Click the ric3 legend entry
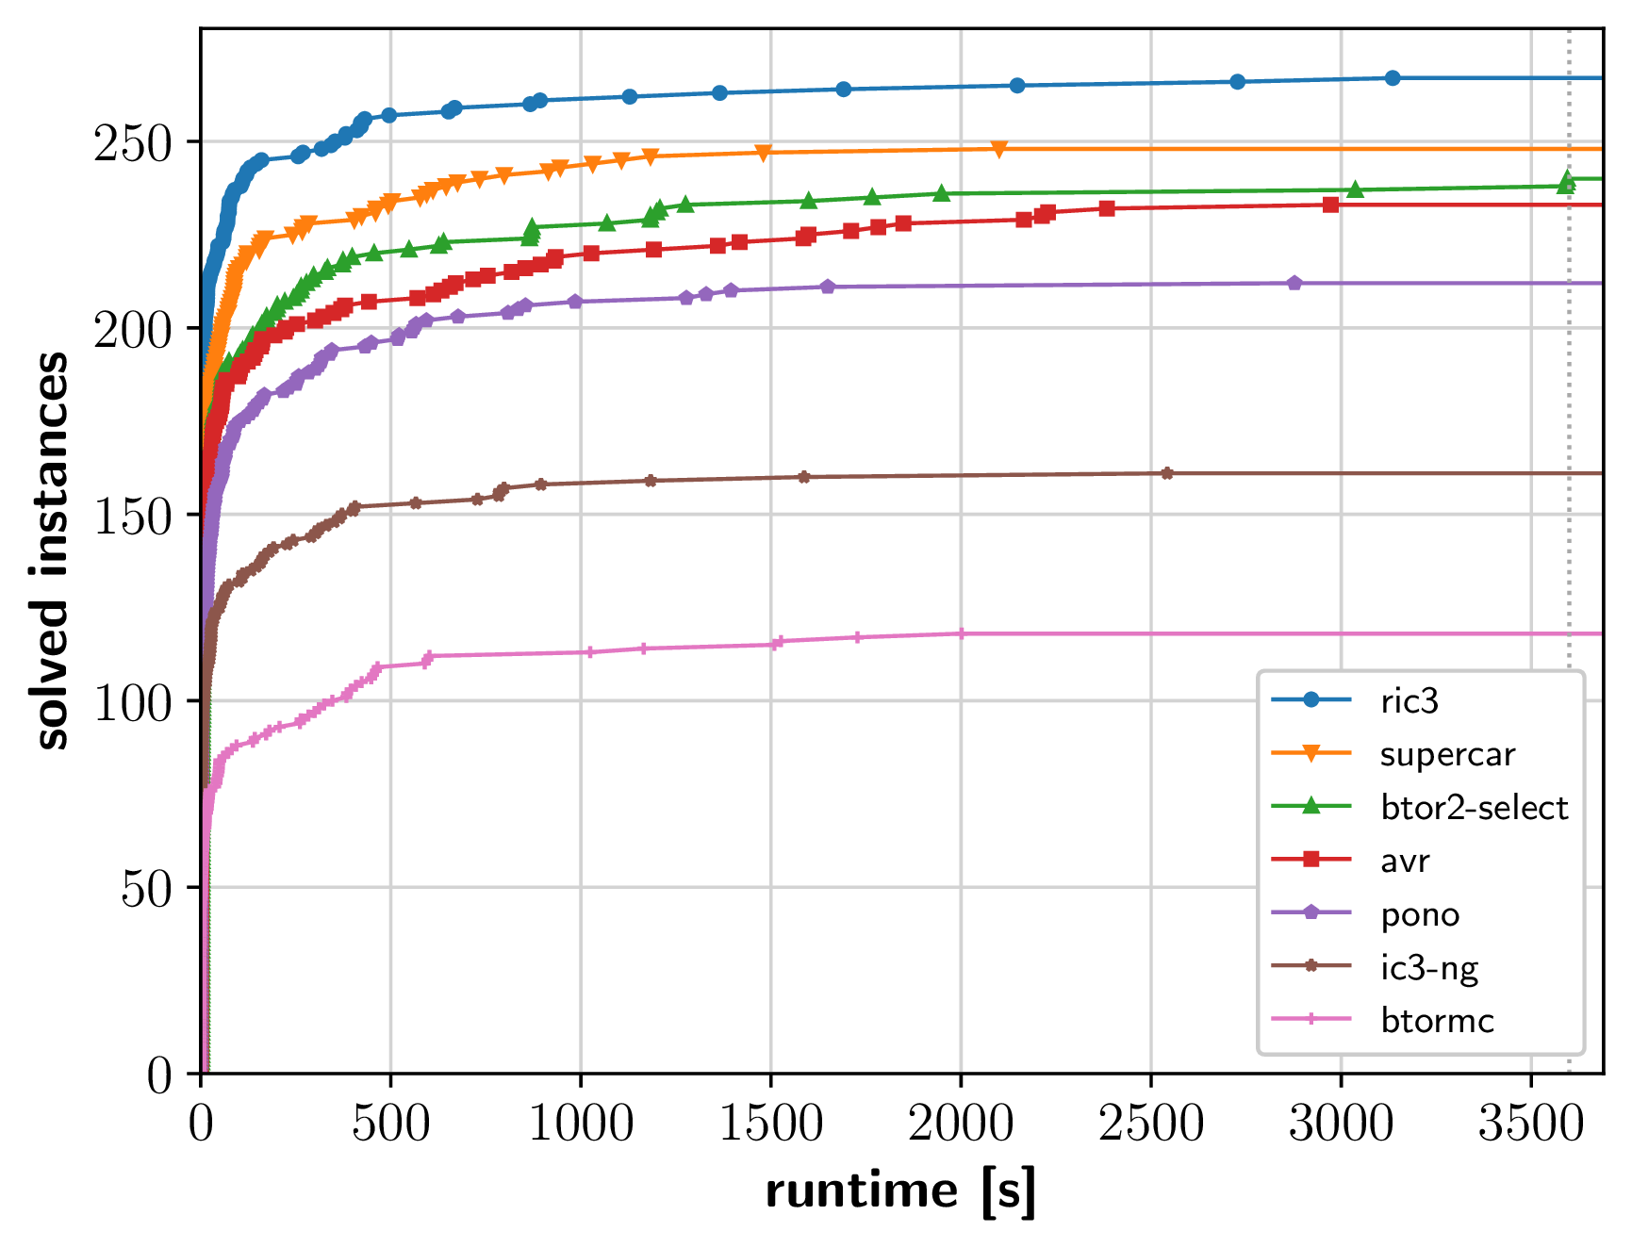tap(1409, 701)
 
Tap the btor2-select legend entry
tap(1473, 808)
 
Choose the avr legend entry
tap(1405, 861)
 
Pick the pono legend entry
tap(1419, 914)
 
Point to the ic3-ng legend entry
tap(1428, 967)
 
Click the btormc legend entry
tap(1437, 1021)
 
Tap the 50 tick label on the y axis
tap(146, 889)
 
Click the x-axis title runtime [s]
tap(900, 1191)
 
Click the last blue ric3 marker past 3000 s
tap(1393, 78)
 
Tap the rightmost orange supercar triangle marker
tap(999, 149)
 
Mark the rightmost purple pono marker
tap(1294, 283)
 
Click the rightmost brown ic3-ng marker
tap(1167, 473)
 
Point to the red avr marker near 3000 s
tap(1330, 205)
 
